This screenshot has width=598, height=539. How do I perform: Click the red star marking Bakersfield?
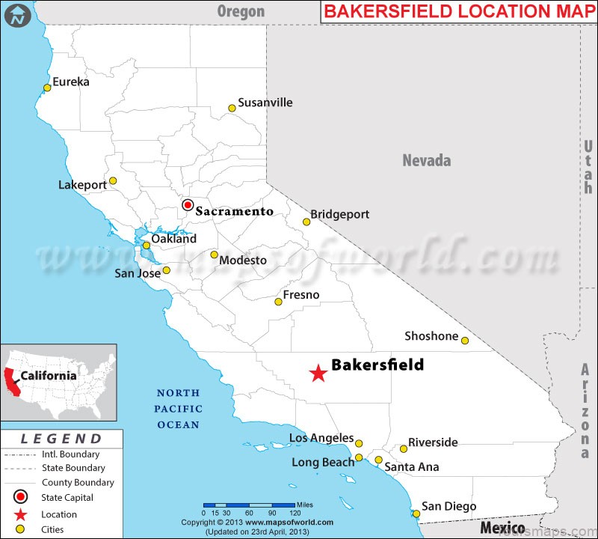[x=318, y=372]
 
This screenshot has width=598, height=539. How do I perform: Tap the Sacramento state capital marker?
[x=188, y=204]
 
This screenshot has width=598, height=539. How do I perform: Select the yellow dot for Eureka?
[x=47, y=88]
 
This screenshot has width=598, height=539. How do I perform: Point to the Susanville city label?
[x=265, y=103]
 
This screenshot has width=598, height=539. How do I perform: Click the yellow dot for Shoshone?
[x=464, y=341]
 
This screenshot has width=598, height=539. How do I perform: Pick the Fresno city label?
[x=300, y=295]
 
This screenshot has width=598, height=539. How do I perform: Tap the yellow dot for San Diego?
[x=416, y=514]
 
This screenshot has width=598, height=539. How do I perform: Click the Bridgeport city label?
[x=340, y=214]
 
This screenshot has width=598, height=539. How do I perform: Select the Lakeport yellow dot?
[x=113, y=180]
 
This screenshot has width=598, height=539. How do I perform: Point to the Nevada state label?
[x=427, y=160]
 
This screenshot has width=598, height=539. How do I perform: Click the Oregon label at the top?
[x=241, y=10]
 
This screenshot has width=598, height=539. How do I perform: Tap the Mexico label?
[x=502, y=527]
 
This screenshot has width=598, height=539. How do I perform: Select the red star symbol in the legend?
[x=20, y=514]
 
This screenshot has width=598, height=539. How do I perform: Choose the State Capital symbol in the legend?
[x=20, y=497]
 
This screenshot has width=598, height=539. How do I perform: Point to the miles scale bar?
[x=249, y=505]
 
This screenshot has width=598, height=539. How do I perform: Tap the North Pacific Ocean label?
[x=178, y=409]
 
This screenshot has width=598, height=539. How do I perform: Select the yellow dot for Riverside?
[x=404, y=449]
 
